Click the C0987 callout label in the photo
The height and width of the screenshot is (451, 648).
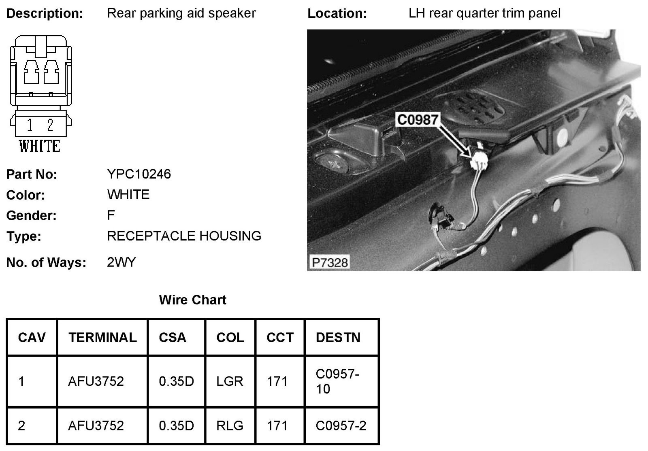(x=418, y=120)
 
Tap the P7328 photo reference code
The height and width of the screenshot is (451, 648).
(x=330, y=262)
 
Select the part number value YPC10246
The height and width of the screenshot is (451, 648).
(x=139, y=174)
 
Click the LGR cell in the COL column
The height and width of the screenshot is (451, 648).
(x=230, y=381)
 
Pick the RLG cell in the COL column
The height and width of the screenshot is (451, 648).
(x=230, y=425)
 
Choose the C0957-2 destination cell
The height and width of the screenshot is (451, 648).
(x=341, y=425)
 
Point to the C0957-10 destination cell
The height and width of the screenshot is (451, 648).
(x=337, y=381)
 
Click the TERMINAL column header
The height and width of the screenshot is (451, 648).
(x=102, y=337)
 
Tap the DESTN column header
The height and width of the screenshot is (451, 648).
(x=338, y=337)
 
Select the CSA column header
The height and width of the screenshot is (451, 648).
(x=173, y=337)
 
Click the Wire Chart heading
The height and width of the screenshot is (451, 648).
(x=192, y=300)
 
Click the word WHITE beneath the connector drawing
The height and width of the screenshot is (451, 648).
(x=40, y=146)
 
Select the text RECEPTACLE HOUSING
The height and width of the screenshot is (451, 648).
(x=184, y=236)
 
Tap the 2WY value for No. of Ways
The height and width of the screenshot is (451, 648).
(x=121, y=262)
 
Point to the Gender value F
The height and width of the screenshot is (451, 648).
(x=111, y=215)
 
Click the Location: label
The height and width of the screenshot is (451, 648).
(x=337, y=13)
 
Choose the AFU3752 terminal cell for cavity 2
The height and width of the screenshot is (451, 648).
(x=96, y=425)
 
